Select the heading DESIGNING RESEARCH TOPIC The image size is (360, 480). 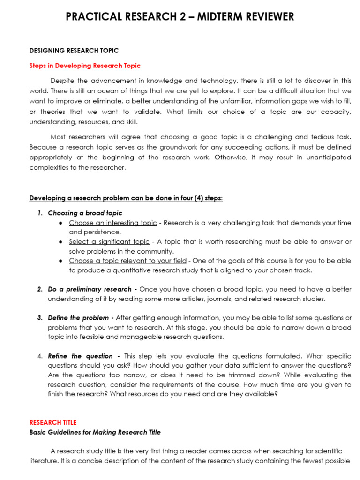pyautogui.click(x=74, y=51)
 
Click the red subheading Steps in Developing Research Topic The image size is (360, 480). pyautogui.click(x=85, y=66)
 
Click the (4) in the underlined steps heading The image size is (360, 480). pyautogui.click(x=194, y=198)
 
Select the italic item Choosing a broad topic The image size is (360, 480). pyautogui.click(x=85, y=213)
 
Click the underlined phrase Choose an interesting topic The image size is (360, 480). pyautogui.click(x=113, y=223)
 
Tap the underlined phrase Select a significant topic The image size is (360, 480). pyautogui.click(x=109, y=241)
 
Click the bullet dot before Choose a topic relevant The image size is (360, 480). pyautogui.click(x=61, y=261)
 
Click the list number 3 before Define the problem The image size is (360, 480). pyautogui.click(x=40, y=318)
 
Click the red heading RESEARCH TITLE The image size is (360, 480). pyautogui.click(x=53, y=422)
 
